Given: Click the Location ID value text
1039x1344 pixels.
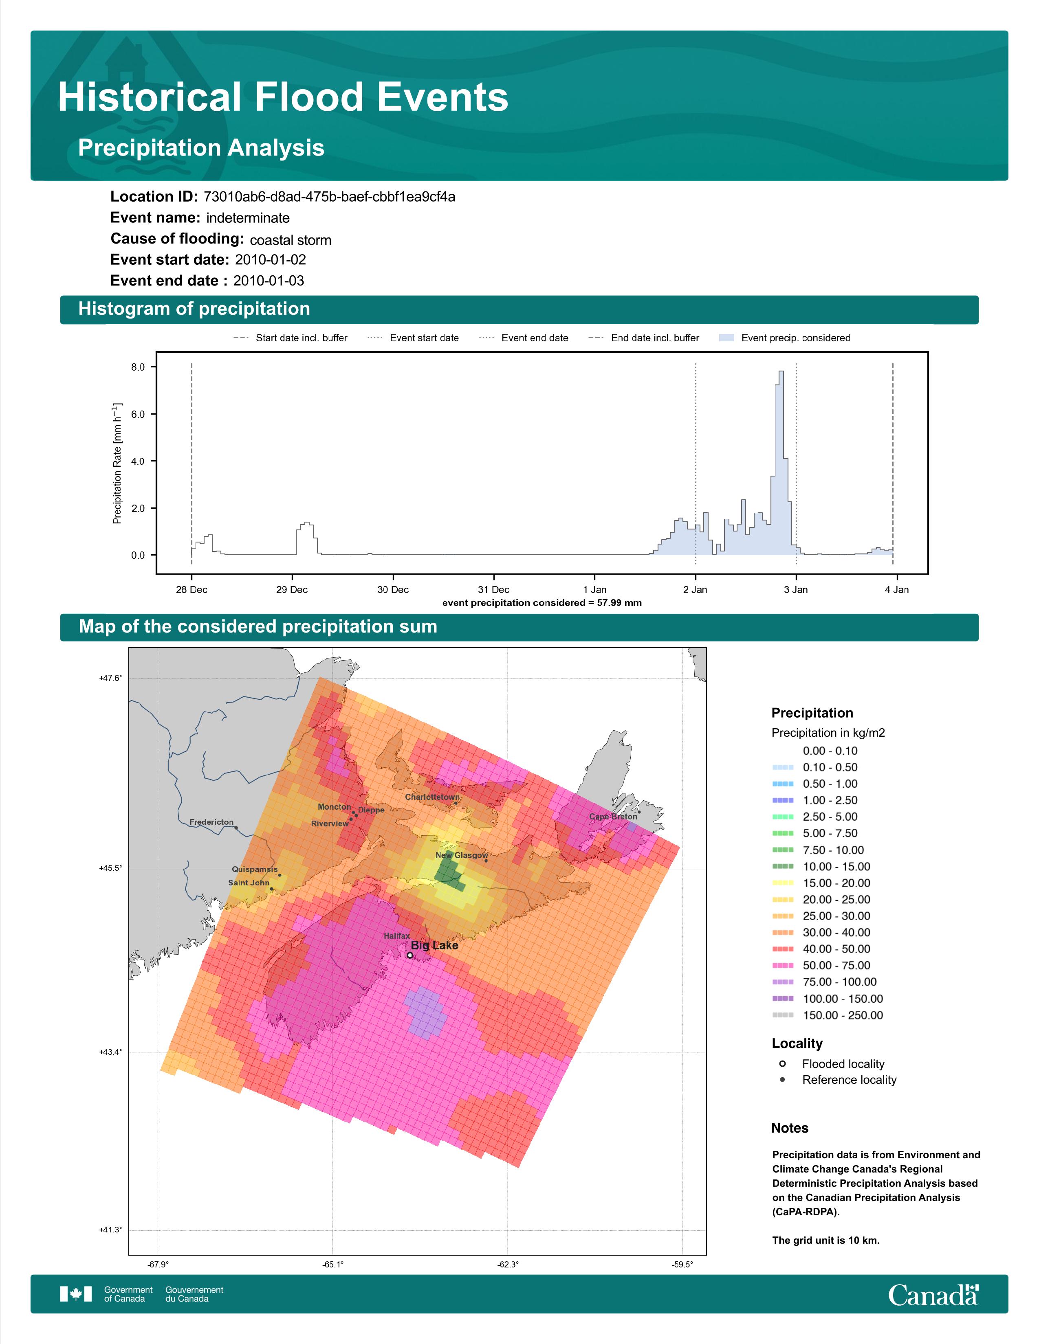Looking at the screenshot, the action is [x=329, y=197].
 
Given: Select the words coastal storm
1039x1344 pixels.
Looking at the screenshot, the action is [x=291, y=240].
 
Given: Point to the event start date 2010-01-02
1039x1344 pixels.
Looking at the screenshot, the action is [x=270, y=260].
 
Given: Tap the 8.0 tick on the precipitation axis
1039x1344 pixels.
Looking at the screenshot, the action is [x=138, y=367].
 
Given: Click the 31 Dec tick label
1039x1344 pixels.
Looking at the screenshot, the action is [x=494, y=590].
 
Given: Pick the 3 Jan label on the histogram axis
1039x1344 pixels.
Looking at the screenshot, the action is [x=796, y=590].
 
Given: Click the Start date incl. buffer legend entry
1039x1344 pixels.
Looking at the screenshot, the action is [x=290, y=338].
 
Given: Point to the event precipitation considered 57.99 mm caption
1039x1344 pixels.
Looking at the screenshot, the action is [x=542, y=603].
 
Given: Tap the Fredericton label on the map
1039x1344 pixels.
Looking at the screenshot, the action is [x=211, y=822].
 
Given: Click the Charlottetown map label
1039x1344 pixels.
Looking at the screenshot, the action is [x=431, y=797].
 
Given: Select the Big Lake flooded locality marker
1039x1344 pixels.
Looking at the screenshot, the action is [x=410, y=955].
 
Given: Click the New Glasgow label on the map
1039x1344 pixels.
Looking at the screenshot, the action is [x=462, y=855].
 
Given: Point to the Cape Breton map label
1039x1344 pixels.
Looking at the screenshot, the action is [x=613, y=817].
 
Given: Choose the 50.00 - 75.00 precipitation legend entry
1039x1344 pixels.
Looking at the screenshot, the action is [x=822, y=966].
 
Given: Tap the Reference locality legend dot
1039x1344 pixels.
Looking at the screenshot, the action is [x=782, y=1079].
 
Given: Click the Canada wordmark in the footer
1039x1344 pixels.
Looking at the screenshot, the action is [x=933, y=1296].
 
